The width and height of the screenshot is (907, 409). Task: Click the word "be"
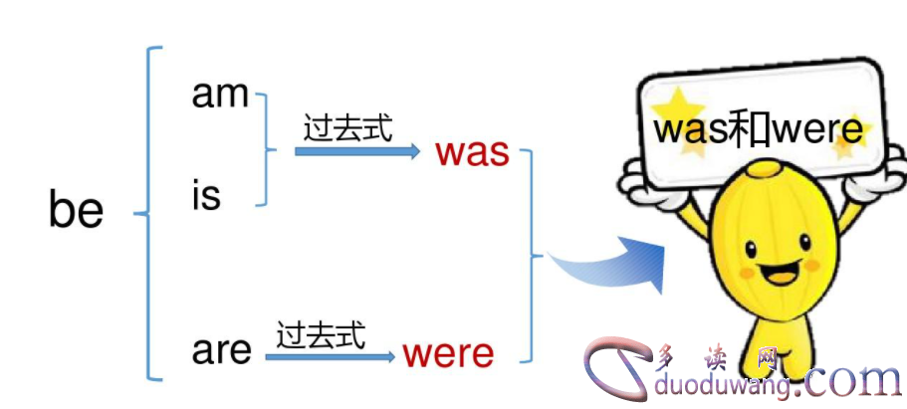coord(76,211)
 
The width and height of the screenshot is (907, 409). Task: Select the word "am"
coord(220,95)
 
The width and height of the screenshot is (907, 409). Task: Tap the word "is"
coord(206,196)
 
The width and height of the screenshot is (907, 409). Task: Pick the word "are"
coord(222,350)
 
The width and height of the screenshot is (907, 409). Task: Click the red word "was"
coord(472,152)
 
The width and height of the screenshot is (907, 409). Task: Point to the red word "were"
coord(448,353)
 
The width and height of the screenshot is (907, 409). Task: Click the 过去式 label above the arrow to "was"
coord(348,128)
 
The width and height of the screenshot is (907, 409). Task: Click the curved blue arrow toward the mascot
coord(608,263)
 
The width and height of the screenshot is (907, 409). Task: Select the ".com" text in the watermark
coord(852,379)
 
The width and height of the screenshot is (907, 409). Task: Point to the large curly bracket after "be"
coord(149,212)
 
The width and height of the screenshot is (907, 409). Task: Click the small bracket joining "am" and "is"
coord(265,149)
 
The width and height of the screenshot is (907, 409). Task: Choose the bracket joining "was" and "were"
coord(532,255)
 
